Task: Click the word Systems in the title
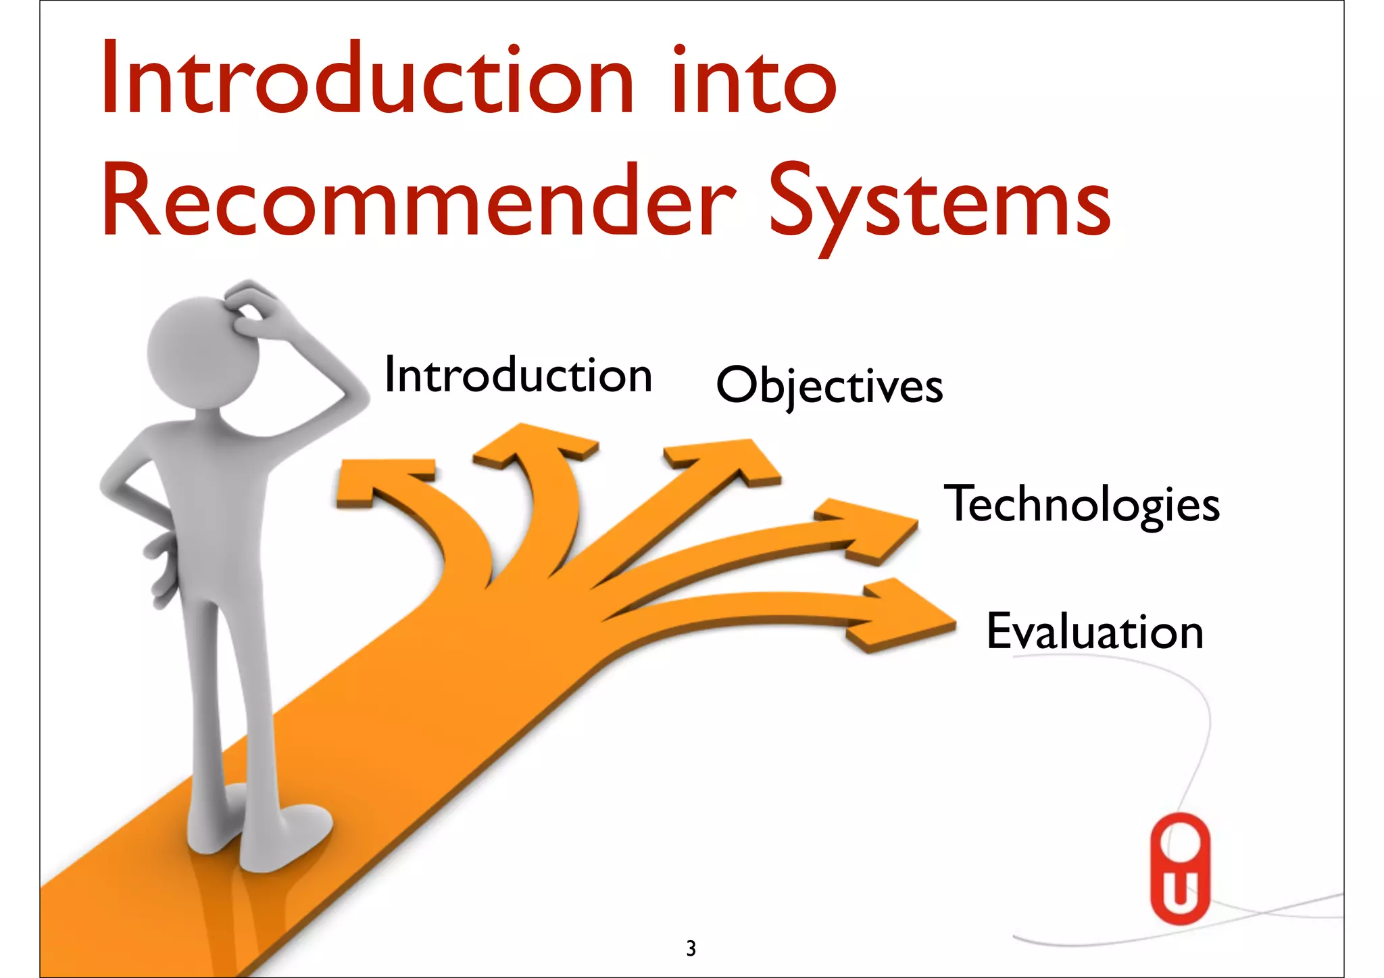tap(939, 203)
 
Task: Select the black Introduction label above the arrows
tap(518, 376)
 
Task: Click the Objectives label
tap(829, 385)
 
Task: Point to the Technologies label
tap(1081, 504)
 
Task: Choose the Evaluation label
tap(1095, 631)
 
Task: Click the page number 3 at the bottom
tap(691, 949)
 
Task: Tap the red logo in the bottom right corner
tap(1180, 869)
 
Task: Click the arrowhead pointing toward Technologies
tap(872, 531)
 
